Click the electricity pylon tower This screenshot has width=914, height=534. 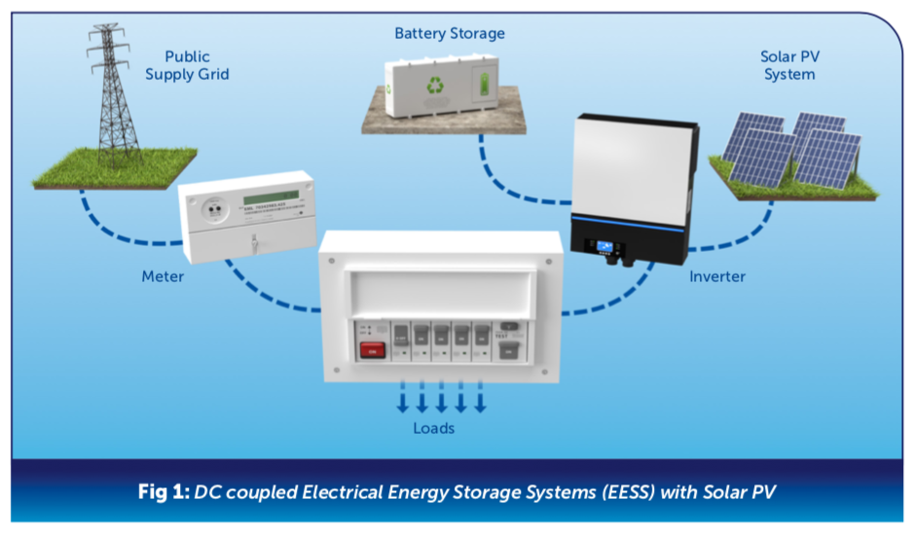[116, 92]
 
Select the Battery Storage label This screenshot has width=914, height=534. [450, 33]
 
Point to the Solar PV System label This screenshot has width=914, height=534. [787, 65]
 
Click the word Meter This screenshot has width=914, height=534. [163, 277]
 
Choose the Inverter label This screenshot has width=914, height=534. [717, 277]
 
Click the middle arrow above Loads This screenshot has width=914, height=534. [441, 401]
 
